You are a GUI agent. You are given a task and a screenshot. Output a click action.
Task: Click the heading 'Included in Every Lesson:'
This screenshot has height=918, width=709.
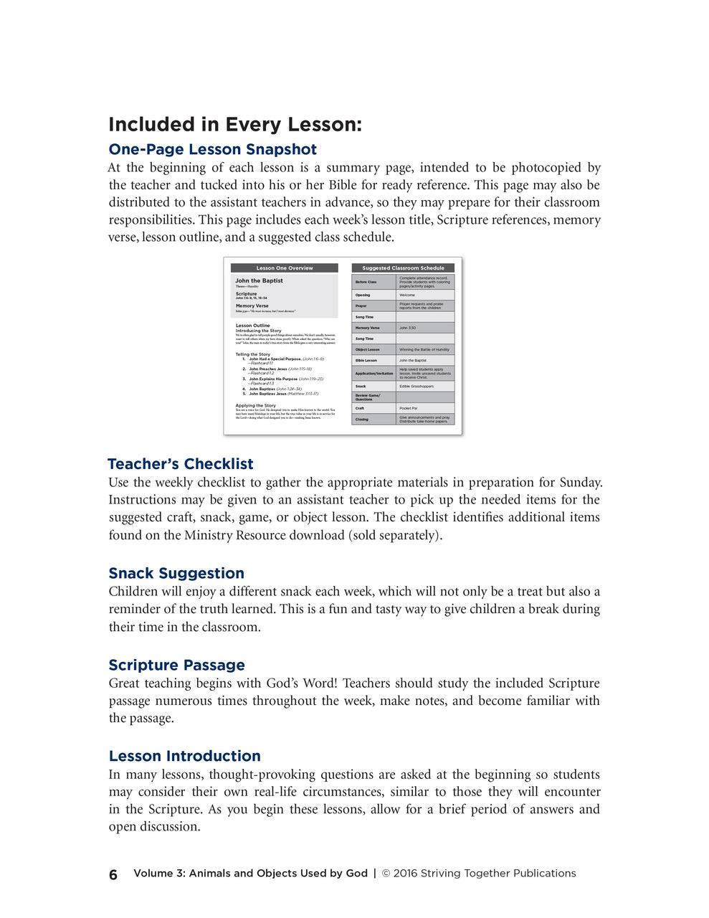(235, 125)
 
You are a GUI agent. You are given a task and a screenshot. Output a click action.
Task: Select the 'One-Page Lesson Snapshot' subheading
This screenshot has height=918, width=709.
(212, 149)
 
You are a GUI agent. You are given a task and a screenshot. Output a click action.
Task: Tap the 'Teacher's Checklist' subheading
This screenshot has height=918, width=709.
(181, 464)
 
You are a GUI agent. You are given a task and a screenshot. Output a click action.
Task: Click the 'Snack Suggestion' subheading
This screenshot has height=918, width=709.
(176, 573)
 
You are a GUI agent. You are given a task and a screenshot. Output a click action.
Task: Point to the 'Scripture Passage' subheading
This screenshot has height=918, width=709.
(176, 665)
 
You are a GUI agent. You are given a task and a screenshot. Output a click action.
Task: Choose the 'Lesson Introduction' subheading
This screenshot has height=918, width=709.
(184, 756)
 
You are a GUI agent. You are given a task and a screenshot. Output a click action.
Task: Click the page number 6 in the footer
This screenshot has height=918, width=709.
(113, 874)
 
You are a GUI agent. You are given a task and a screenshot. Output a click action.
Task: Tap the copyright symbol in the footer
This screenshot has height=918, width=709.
(386, 874)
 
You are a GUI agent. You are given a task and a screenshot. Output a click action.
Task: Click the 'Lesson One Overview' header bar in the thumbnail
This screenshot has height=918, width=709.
(285, 268)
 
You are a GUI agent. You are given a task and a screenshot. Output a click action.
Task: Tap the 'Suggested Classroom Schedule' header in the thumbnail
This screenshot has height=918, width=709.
(403, 268)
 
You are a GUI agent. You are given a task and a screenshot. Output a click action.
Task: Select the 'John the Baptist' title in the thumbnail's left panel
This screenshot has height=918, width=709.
(259, 280)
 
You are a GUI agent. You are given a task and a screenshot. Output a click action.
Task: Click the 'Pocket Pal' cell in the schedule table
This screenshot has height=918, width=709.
(409, 408)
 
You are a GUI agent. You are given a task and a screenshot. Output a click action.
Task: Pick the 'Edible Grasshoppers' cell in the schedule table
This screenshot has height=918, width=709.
(417, 386)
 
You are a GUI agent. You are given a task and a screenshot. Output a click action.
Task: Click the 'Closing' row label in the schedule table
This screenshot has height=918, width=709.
(361, 420)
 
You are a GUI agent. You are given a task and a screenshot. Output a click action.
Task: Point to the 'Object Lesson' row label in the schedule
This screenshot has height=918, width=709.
(367, 349)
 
